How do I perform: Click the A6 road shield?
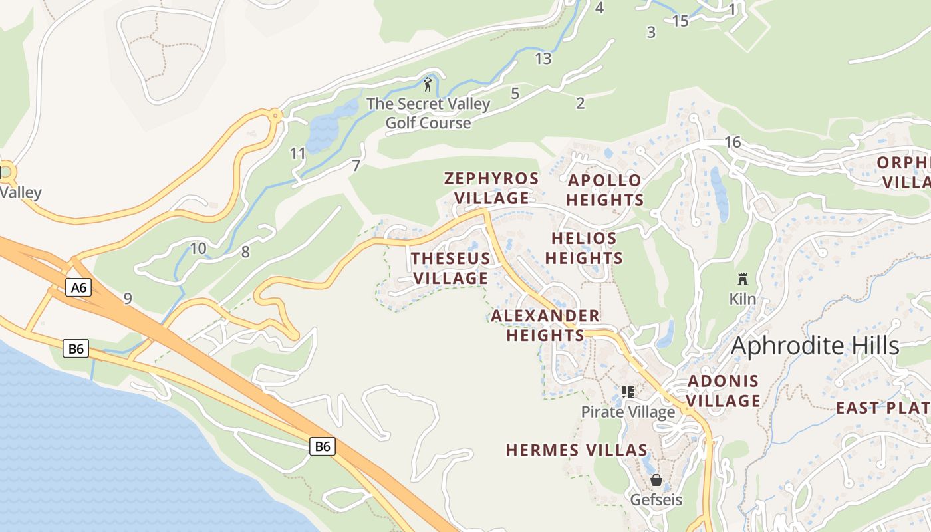click(x=78, y=287)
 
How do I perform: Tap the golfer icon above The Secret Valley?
click(x=428, y=84)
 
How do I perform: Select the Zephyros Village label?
click(x=491, y=188)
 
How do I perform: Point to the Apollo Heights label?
click(x=604, y=190)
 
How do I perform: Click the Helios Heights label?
click(x=585, y=248)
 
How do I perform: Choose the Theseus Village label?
click(x=450, y=268)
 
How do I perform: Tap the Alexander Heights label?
click(x=545, y=325)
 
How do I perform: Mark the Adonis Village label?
click(x=723, y=391)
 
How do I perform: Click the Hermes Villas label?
click(x=577, y=450)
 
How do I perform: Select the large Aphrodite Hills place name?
click(x=815, y=346)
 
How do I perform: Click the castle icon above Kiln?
click(x=743, y=279)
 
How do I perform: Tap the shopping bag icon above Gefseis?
click(x=656, y=480)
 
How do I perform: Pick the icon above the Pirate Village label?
click(x=627, y=392)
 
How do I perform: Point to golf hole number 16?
click(x=732, y=142)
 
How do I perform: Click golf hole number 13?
click(x=543, y=59)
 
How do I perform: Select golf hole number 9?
click(x=127, y=299)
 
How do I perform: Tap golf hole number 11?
click(x=297, y=154)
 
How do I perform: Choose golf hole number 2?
click(x=580, y=103)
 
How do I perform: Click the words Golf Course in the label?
click(x=428, y=123)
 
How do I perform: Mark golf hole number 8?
click(x=245, y=252)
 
